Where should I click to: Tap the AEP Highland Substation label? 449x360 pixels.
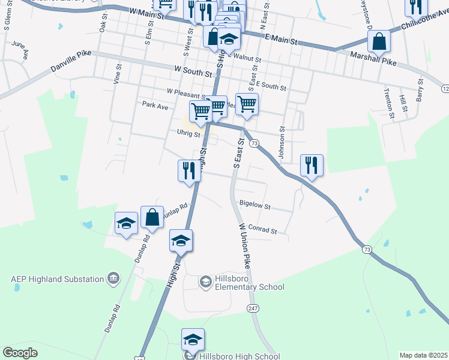coord(57,278)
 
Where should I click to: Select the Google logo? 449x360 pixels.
coord(20,353)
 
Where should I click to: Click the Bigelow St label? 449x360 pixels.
coord(255,205)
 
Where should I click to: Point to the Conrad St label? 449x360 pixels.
coord(262,230)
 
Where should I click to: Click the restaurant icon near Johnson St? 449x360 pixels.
coord(312,164)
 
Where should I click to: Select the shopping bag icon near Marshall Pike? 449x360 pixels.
coord(379,41)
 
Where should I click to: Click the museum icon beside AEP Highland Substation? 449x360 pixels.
coord(113,278)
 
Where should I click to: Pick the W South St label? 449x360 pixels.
coord(193,73)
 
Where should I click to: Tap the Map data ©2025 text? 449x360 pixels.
coord(424,355)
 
